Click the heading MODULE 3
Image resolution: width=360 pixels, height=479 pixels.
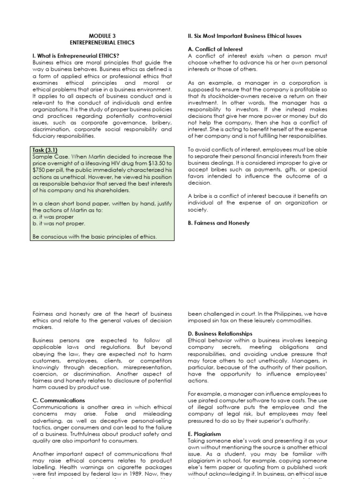coord(102,36)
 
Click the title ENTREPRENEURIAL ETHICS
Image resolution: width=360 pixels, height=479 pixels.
coord(102,43)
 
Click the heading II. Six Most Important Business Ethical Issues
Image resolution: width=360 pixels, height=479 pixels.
coord(244,36)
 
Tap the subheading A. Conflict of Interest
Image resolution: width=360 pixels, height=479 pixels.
coord(216,50)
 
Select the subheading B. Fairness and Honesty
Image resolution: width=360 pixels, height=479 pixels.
coord(218,223)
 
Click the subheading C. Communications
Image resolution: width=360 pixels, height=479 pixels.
coord(59,400)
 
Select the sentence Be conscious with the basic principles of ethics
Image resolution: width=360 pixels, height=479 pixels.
coord(95,237)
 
